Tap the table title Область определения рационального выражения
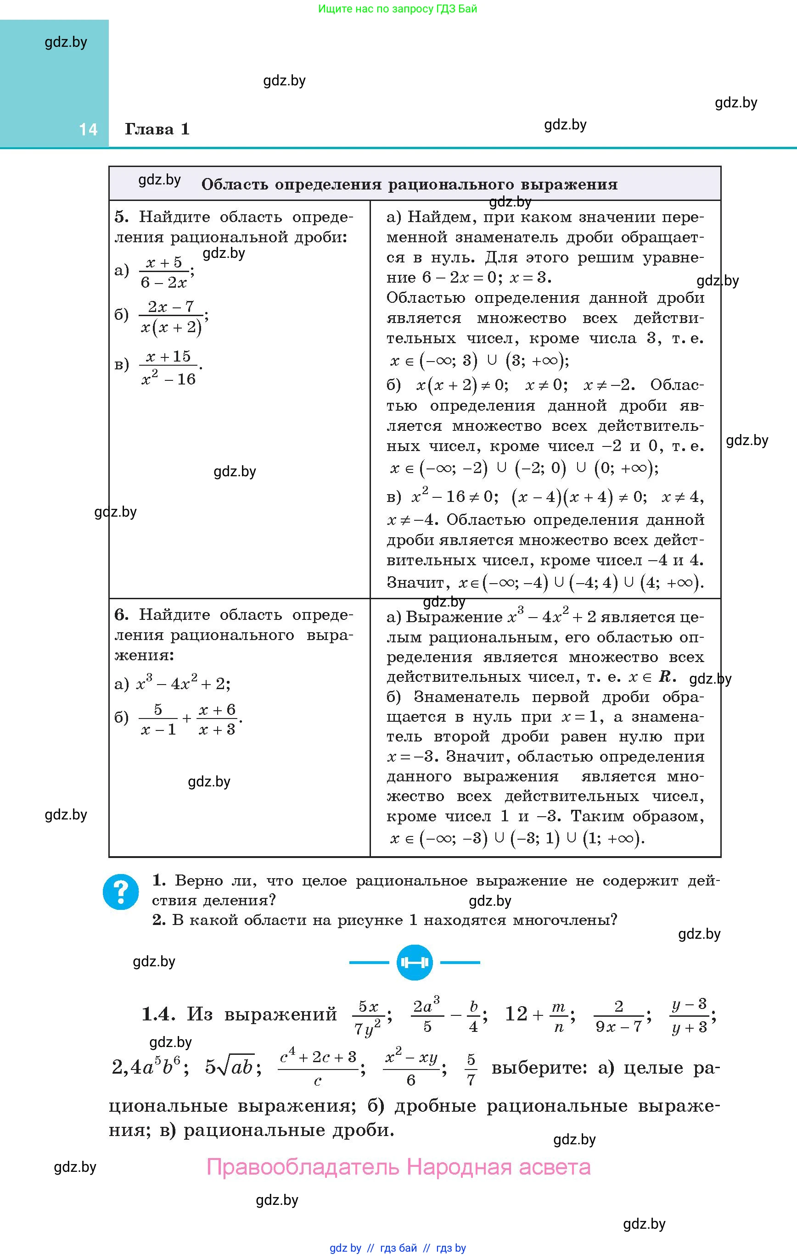[x=409, y=184]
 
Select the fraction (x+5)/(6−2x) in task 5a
[x=164, y=273]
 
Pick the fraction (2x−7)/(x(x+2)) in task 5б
[x=172, y=317]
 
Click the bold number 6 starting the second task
[x=121, y=614]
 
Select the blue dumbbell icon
[x=414, y=962]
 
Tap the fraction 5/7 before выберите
[x=471, y=1069]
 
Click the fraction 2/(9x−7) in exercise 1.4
[x=619, y=1016]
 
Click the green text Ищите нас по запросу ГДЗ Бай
[x=398, y=9]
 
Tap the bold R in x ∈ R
[x=665, y=677]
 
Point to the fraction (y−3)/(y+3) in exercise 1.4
[x=689, y=1016]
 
